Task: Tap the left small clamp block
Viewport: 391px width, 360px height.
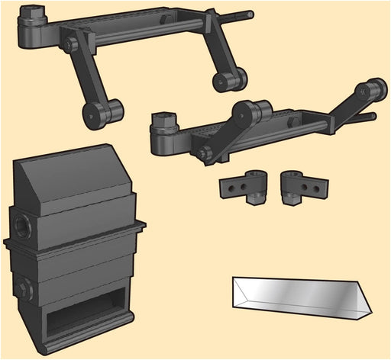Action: coord(244,188)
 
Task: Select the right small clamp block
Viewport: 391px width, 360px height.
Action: coord(302,186)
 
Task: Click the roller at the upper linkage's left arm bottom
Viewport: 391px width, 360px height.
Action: coord(100,112)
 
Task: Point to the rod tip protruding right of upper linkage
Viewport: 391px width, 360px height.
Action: coord(249,13)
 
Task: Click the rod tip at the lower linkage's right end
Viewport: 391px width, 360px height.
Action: coord(371,117)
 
